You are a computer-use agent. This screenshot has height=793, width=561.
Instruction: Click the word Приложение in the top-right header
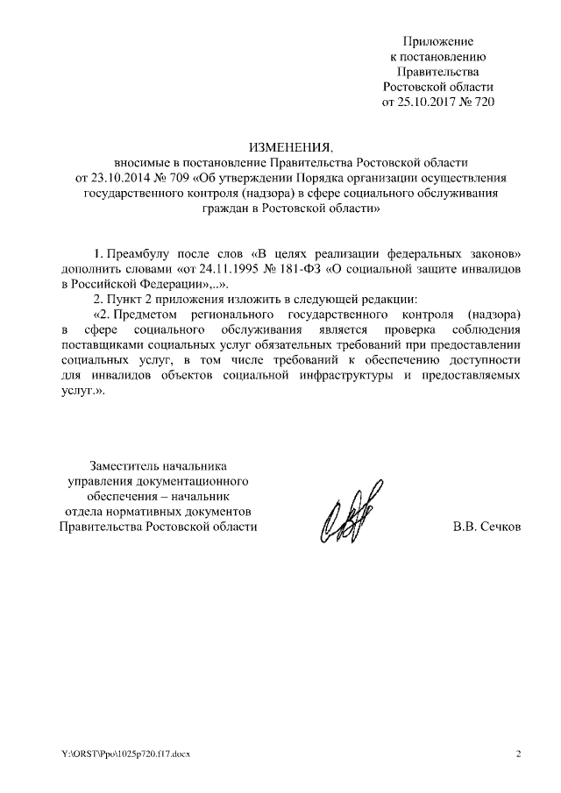(438, 41)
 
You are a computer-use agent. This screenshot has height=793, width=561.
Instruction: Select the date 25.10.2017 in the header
(430, 103)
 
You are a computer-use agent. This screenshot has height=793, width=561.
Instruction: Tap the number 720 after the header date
(484, 103)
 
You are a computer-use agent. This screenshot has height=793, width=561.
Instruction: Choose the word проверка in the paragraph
(413, 329)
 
